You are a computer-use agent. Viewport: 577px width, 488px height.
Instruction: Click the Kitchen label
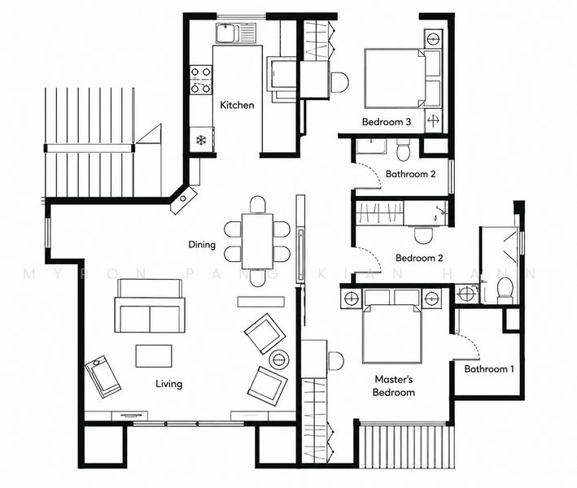click(237, 105)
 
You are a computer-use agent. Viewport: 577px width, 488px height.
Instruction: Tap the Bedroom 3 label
click(387, 122)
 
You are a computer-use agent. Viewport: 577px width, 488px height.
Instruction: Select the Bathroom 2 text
click(410, 174)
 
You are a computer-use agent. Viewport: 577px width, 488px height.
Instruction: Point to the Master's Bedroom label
click(393, 386)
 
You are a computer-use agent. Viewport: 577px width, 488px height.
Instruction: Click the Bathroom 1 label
click(489, 369)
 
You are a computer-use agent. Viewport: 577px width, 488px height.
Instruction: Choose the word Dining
click(202, 245)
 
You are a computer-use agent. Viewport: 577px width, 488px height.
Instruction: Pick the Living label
click(169, 384)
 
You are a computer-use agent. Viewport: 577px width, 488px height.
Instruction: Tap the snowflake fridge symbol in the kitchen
click(201, 140)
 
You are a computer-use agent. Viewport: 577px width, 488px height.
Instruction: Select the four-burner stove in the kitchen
click(201, 79)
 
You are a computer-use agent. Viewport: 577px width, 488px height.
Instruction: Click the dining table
click(258, 242)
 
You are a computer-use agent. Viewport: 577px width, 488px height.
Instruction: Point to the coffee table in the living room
click(154, 355)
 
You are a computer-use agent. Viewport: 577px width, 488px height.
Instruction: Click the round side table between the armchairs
click(278, 358)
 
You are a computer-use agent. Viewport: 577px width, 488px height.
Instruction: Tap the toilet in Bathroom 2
click(403, 150)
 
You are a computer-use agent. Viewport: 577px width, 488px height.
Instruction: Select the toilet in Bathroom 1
click(505, 290)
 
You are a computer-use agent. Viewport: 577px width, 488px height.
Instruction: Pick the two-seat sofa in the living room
click(150, 306)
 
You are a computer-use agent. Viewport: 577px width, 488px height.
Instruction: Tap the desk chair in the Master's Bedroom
click(335, 361)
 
